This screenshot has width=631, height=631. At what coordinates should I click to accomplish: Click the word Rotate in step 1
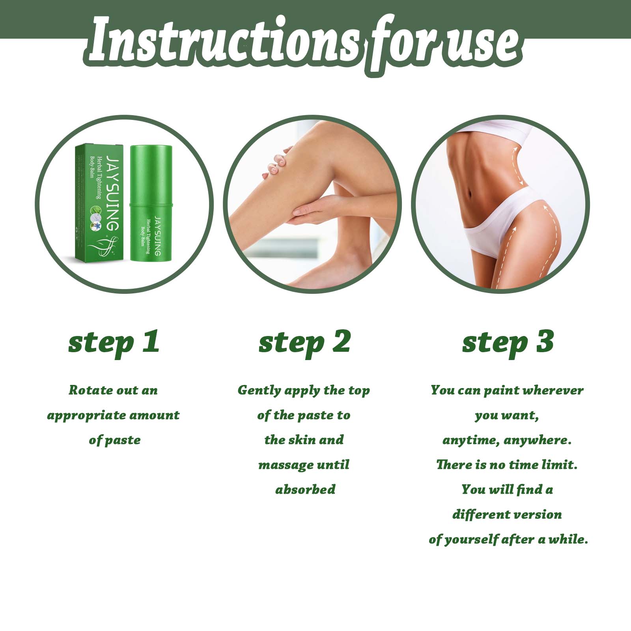click(91, 390)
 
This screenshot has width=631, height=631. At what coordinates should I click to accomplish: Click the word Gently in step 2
click(259, 391)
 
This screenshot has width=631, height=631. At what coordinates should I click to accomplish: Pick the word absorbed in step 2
click(305, 490)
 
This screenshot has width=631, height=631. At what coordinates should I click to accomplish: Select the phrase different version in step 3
click(507, 515)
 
